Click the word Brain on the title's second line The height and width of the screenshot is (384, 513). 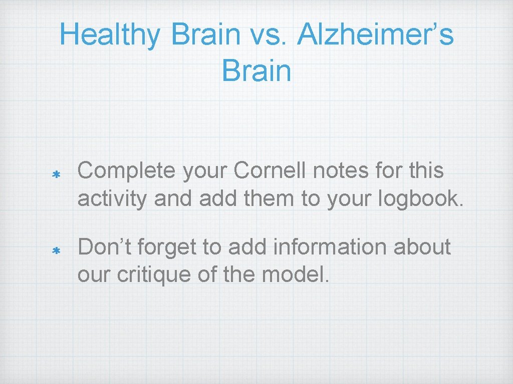click(x=256, y=70)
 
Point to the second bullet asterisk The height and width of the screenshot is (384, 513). click(x=57, y=251)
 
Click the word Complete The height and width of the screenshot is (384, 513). click(x=127, y=171)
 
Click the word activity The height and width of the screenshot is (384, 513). click(x=112, y=198)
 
